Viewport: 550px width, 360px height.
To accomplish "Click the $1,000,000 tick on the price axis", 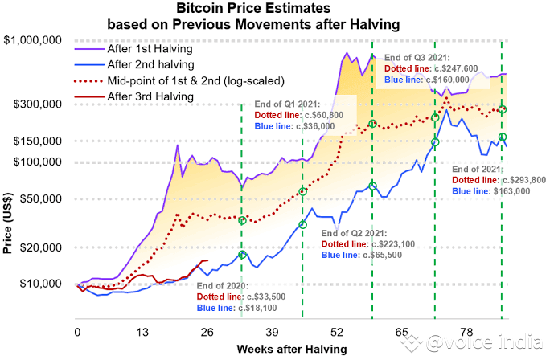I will point(34,40).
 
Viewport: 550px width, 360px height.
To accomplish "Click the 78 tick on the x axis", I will point(467,333).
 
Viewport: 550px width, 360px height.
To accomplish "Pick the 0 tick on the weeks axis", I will point(78,333).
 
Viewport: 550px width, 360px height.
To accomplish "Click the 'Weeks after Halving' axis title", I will point(292,349).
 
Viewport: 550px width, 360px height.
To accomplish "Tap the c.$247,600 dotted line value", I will point(458,69).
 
